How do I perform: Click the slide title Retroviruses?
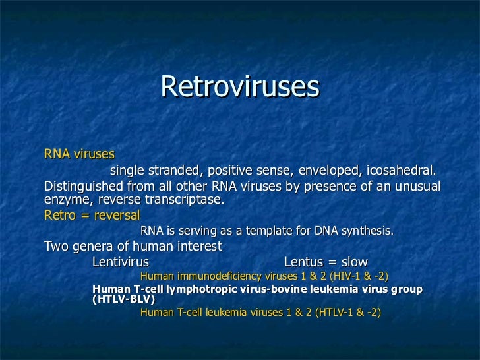click(x=240, y=86)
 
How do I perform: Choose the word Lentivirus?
click(x=120, y=262)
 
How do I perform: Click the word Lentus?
click(x=305, y=262)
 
